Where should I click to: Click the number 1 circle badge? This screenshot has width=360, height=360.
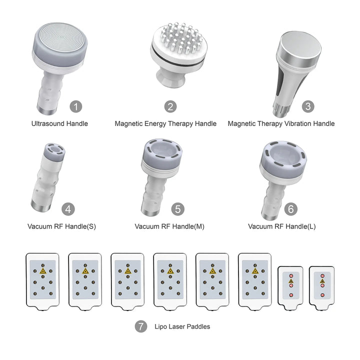pyautogui.click(x=75, y=106)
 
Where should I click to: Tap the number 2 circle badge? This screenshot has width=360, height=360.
pyautogui.click(x=171, y=106)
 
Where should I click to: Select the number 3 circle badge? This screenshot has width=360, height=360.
pyautogui.click(x=308, y=106)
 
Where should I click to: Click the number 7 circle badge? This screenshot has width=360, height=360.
pyautogui.click(x=141, y=326)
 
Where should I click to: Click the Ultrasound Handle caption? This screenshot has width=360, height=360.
pyautogui.click(x=59, y=123)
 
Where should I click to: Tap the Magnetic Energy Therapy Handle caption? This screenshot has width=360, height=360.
pyautogui.click(x=165, y=123)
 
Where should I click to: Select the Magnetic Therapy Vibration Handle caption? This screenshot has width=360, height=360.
pyautogui.click(x=281, y=123)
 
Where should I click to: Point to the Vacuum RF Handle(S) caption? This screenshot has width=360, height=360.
pyautogui.click(x=61, y=226)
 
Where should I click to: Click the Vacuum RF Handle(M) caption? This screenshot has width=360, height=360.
pyautogui.click(x=169, y=226)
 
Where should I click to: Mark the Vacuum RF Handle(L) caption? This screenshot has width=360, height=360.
pyautogui.click(x=281, y=226)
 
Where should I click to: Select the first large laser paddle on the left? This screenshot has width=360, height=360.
pyautogui.click(x=42, y=280)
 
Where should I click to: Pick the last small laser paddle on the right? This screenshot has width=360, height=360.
pyautogui.click(x=321, y=286)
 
